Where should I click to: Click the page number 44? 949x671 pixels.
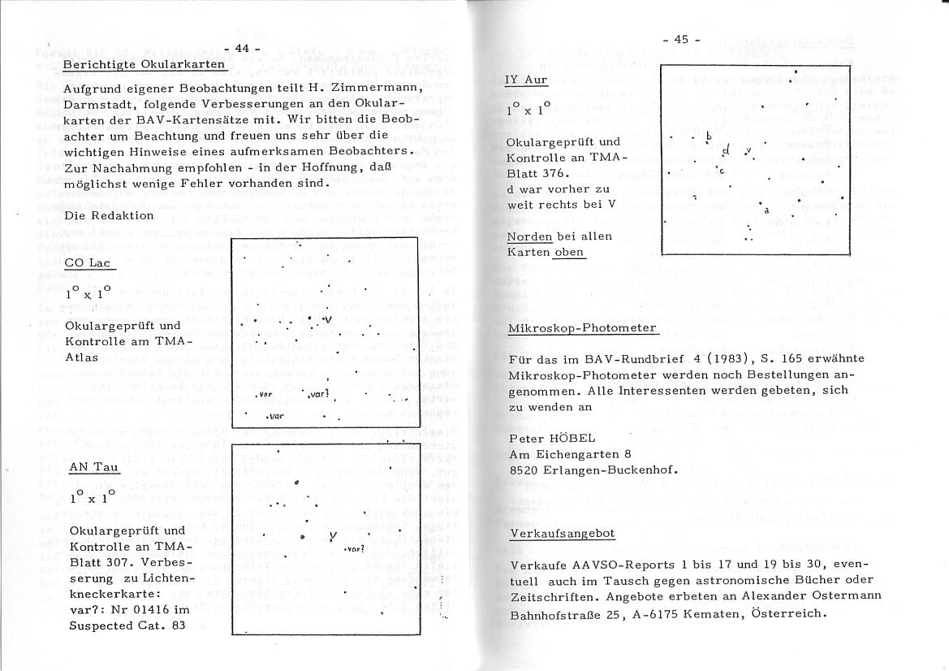click(241, 49)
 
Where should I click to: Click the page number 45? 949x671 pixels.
click(680, 39)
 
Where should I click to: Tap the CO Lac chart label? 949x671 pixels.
click(90, 262)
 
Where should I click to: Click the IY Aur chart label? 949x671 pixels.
click(526, 80)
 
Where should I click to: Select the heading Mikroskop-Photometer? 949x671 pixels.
click(582, 328)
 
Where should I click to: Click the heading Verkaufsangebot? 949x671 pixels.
click(562, 534)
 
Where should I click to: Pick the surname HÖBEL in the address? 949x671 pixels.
click(573, 438)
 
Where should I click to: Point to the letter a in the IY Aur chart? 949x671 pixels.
click(766, 210)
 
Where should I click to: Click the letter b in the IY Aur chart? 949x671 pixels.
click(709, 136)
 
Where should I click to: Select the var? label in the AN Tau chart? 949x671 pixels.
click(355, 549)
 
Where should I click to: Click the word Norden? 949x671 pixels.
click(529, 236)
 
